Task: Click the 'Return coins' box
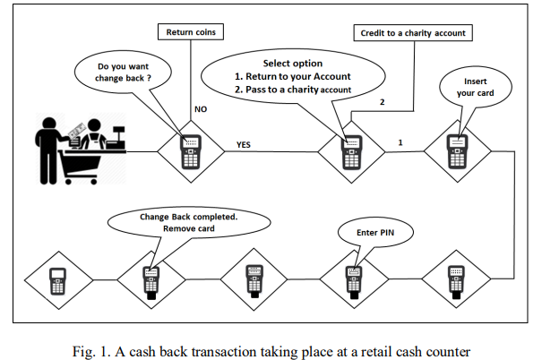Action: pos(191,33)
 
